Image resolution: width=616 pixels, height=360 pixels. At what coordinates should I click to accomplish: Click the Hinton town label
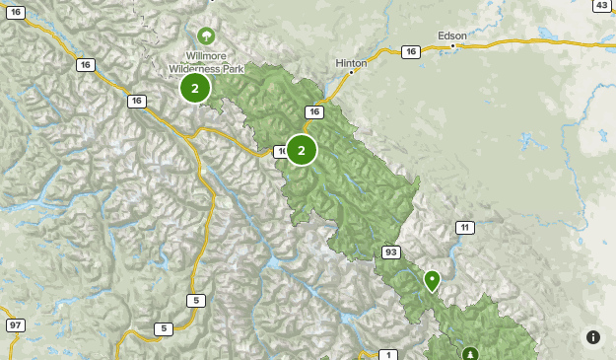point(351,62)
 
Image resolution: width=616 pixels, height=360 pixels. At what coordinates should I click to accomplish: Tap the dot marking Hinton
point(351,72)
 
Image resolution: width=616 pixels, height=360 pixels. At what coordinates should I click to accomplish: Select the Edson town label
point(452,35)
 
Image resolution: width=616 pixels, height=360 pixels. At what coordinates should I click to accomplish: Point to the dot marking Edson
point(452,45)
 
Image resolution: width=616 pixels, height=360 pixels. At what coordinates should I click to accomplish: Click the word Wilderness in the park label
point(191,68)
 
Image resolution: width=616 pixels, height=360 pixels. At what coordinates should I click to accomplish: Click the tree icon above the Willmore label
point(206,36)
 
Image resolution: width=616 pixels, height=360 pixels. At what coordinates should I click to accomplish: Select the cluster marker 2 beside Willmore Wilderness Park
point(195,89)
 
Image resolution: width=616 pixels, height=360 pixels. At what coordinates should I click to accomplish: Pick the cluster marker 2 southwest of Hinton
point(302,150)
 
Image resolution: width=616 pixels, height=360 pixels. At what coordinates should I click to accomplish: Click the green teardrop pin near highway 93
point(432,280)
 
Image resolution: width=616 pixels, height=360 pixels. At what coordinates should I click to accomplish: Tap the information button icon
point(593,337)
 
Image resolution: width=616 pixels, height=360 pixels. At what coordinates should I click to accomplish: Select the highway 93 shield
point(391,252)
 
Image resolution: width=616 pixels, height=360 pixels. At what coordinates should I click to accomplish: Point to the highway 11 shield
point(464,228)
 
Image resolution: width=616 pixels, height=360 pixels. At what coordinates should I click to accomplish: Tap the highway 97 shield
point(15,325)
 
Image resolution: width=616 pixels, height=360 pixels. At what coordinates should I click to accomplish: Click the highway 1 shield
point(388,355)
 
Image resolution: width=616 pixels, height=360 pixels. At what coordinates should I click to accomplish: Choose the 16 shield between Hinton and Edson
point(411,51)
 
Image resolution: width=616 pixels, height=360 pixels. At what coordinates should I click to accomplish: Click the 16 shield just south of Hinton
point(314,112)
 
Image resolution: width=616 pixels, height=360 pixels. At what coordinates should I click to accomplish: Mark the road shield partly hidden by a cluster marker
point(280,151)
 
